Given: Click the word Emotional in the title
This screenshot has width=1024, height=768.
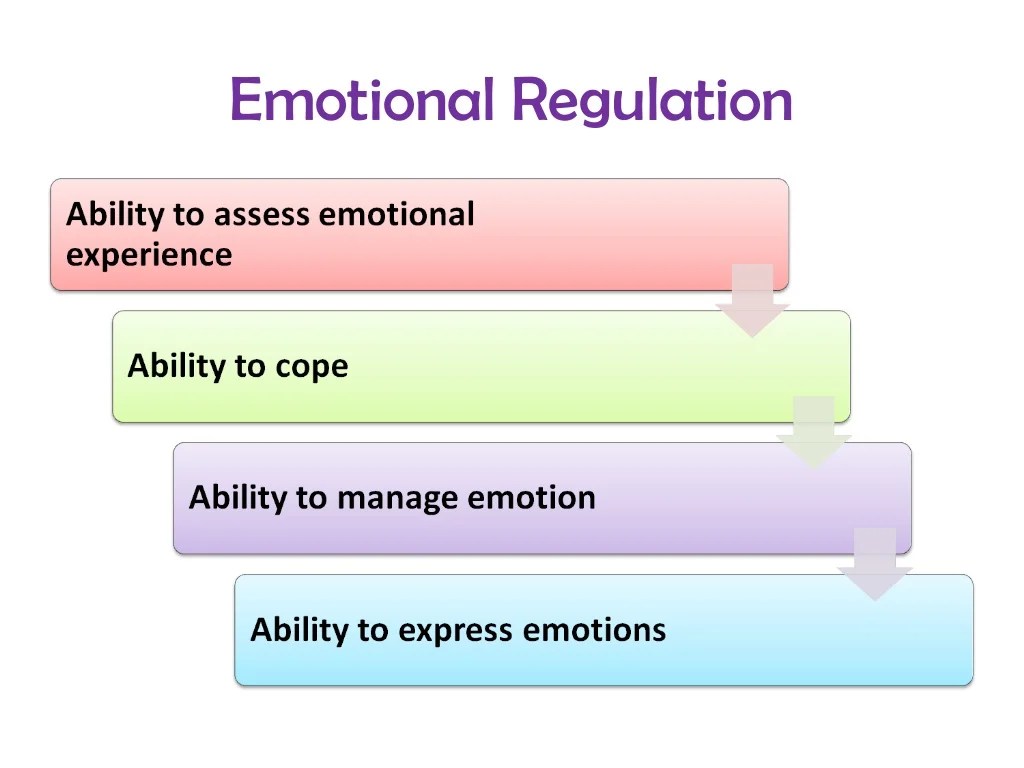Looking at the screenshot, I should tap(364, 100).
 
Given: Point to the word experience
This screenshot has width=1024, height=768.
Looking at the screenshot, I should tap(149, 256).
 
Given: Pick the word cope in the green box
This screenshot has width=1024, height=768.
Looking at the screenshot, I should tap(312, 367).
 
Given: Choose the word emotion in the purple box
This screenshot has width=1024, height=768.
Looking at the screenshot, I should tap(532, 498).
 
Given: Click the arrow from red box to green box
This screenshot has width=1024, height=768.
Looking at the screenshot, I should tap(752, 301).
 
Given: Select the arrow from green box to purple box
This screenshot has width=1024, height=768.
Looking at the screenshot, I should tap(813, 433).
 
